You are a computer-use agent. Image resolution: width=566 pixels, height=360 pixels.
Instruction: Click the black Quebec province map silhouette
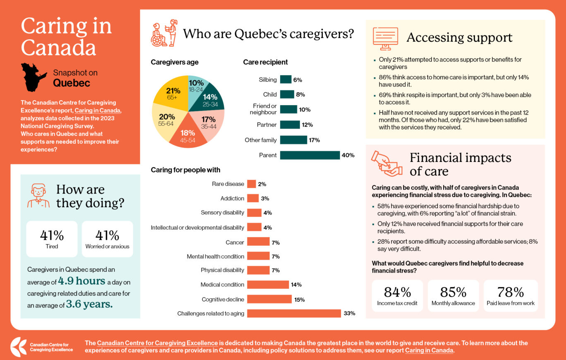(x=35, y=77)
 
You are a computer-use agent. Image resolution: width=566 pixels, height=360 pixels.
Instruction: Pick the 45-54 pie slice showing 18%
(x=188, y=132)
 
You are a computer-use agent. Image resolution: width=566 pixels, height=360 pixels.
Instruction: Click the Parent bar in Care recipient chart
(x=309, y=155)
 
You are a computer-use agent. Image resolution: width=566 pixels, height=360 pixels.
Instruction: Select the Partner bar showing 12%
(x=290, y=125)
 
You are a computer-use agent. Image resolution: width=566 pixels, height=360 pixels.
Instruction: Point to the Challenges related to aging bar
(x=294, y=313)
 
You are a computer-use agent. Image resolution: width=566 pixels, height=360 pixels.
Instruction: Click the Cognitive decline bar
(x=269, y=299)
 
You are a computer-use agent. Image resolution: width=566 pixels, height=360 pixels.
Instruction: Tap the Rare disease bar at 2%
(x=251, y=184)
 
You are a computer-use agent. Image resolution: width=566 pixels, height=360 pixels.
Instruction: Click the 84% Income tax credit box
(x=397, y=295)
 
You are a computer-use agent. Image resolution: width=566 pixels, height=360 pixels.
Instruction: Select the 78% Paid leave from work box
(x=511, y=295)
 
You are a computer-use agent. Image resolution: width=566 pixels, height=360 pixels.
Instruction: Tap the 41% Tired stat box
(x=52, y=239)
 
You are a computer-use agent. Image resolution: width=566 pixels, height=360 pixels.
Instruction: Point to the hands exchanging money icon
(x=386, y=163)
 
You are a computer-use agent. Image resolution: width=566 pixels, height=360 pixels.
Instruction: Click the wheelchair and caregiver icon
(x=164, y=33)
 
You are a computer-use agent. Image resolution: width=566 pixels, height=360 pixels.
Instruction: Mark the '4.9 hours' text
(x=82, y=281)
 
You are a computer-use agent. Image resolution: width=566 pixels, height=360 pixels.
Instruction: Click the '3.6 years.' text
(x=89, y=305)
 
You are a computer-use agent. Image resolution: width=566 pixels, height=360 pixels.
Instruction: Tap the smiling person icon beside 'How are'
(x=38, y=196)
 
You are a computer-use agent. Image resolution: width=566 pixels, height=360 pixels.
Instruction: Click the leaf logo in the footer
(x=18, y=347)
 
